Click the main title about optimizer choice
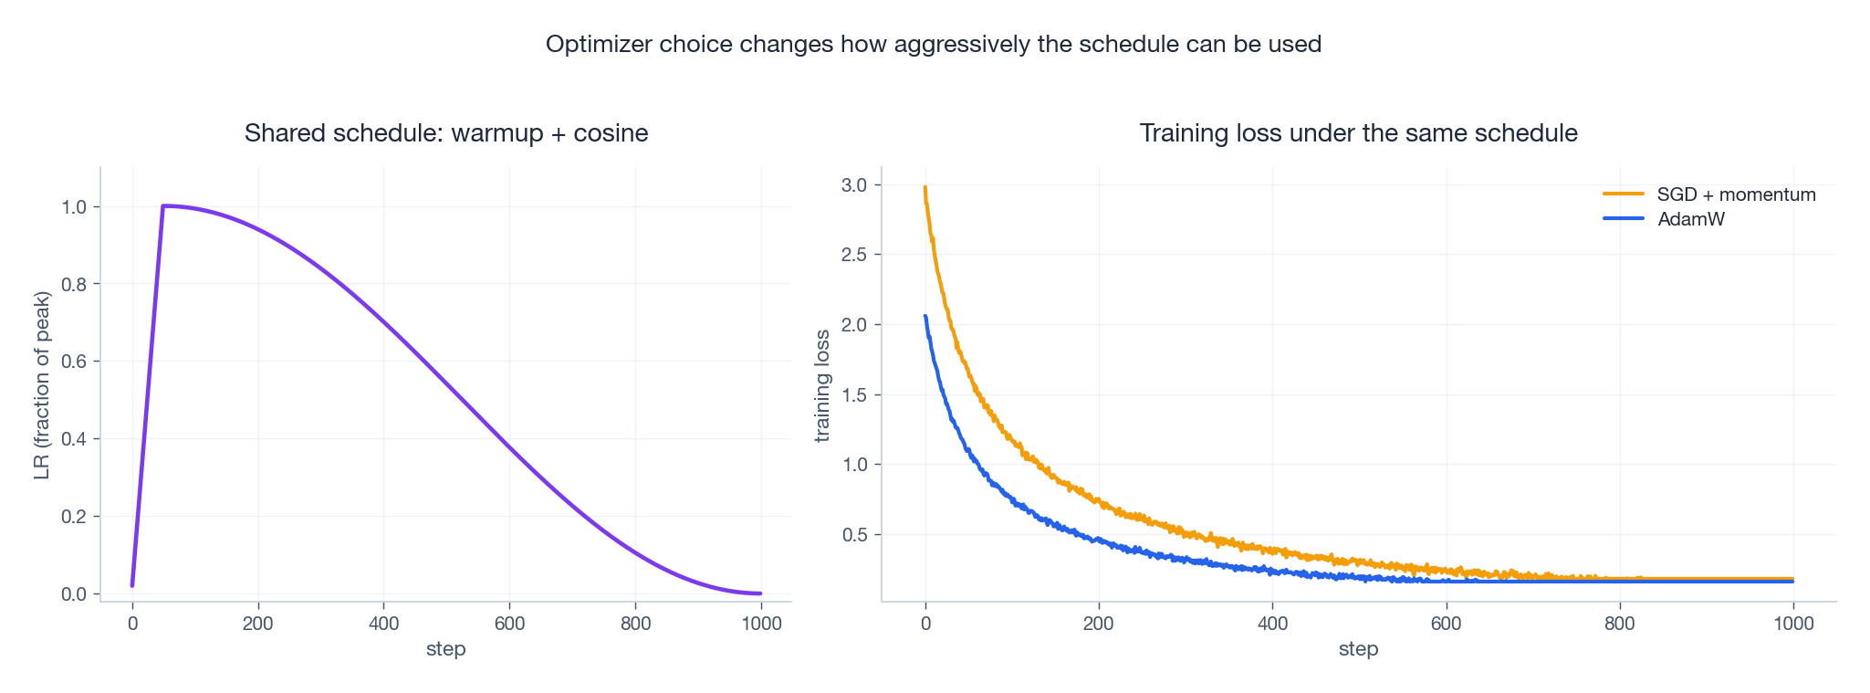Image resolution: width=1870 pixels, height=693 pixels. pos(933,44)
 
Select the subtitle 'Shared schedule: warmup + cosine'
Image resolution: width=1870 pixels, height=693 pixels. pos(446,133)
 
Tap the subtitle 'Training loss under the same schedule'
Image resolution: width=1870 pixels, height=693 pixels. pos(1358,133)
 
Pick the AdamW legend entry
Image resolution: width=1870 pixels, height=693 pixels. pos(1690,219)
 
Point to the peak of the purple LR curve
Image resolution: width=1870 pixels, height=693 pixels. pos(163,205)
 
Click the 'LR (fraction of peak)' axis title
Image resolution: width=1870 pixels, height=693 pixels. pos(42,385)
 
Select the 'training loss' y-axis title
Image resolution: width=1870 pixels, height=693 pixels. pos(822,385)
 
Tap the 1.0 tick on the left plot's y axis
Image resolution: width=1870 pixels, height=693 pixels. pos(75,207)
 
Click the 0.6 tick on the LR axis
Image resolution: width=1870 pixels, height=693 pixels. pos(75,362)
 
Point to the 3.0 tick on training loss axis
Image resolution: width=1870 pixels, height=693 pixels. pos(856,184)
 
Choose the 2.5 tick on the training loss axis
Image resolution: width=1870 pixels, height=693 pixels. pos(856,255)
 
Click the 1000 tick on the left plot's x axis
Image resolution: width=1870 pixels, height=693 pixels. pos(761,624)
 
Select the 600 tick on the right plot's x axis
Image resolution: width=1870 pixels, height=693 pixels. pos(1446,624)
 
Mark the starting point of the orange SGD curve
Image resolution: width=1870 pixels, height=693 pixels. pos(925,188)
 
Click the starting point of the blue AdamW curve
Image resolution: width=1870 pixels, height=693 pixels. pos(925,317)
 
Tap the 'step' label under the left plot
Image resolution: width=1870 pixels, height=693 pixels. pos(446,649)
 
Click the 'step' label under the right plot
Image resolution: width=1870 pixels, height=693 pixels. pos(1358,649)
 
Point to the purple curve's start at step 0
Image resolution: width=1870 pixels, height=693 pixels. pos(132,585)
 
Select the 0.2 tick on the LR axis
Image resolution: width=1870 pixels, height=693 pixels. pos(75,517)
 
